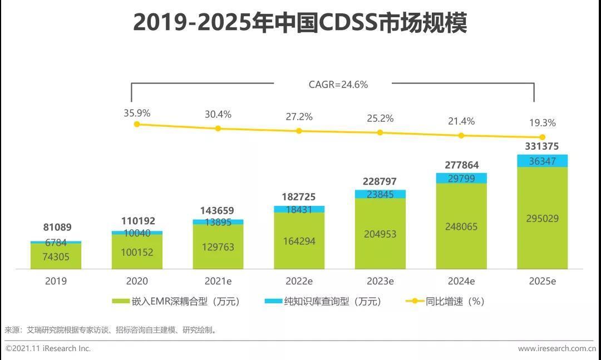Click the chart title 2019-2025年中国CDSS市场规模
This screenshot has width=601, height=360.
click(x=300, y=23)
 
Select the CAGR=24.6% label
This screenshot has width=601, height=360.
click(x=338, y=85)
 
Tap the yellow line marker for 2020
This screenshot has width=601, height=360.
click(x=137, y=124)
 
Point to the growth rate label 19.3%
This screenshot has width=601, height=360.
click(x=543, y=123)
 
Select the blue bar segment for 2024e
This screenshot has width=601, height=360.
click(x=461, y=178)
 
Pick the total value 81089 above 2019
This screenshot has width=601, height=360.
click(x=57, y=227)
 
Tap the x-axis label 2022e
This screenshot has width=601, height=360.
click(x=299, y=281)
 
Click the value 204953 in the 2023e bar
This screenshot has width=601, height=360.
click(x=380, y=234)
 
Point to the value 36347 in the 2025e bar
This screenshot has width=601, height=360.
click(x=543, y=161)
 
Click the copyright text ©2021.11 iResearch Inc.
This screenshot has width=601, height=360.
click(x=48, y=349)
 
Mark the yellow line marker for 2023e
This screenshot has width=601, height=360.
click(x=380, y=132)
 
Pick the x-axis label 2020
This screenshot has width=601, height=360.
click(x=137, y=281)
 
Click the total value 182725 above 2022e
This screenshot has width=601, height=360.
click(x=299, y=197)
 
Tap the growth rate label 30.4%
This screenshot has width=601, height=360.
click(x=218, y=114)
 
